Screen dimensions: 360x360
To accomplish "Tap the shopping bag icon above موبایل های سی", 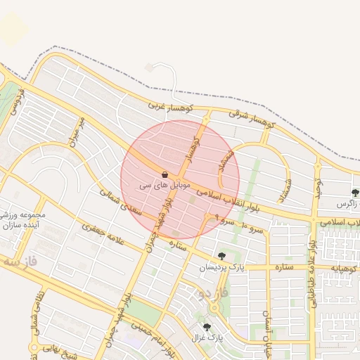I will (x=165, y=174).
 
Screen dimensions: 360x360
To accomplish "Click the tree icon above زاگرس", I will (x=355, y=192).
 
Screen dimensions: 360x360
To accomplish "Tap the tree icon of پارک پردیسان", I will (x=222, y=256).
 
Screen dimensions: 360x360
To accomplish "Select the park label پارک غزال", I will (x=207, y=338).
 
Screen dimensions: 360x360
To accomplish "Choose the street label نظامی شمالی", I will (x=36, y=314).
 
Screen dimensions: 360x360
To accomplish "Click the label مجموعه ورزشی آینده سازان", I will (x=23, y=222).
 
